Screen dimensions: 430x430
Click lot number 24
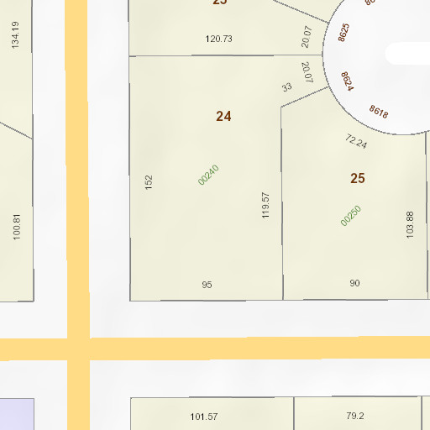223,117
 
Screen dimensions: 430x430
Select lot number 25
358,178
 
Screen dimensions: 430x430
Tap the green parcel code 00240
208,175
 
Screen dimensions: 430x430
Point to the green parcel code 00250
351,216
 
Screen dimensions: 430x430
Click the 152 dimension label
149,181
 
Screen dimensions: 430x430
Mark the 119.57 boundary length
266,205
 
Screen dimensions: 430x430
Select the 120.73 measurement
218,39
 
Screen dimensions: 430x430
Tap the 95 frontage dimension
207,285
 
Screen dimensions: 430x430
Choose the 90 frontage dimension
354,283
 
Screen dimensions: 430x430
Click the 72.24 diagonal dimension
356,141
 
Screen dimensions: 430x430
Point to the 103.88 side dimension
410,224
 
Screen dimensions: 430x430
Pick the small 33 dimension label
287,87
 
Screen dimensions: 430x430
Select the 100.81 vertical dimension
16,227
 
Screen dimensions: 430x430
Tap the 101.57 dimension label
204,417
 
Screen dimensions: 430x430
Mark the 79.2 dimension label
354,415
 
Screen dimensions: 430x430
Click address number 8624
347,81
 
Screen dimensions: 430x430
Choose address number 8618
378,112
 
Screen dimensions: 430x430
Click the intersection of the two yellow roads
76,349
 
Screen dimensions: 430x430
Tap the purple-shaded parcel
16,414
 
